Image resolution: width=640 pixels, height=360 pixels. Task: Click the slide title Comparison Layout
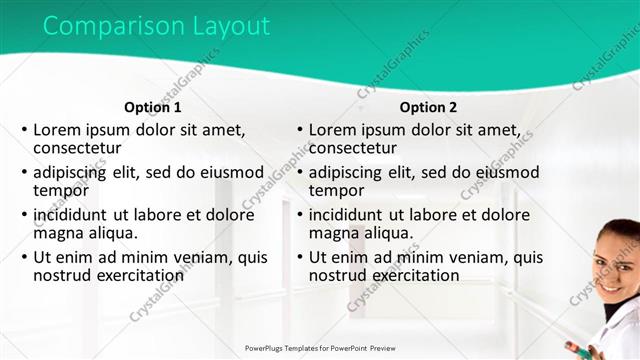tap(156, 27)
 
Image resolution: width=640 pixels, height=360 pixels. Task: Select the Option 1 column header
tap(153, 107)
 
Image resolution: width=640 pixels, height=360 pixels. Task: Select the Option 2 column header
tap(428, 107)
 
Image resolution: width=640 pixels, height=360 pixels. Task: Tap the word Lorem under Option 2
tap(333, 129)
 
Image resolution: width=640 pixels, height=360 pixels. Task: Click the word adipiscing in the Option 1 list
tap(76, 172)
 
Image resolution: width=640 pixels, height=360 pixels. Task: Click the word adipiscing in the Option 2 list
tap(351, 172)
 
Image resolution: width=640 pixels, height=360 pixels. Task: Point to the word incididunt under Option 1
tap(73, 214)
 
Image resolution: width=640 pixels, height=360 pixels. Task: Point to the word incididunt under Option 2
tap(348, 214)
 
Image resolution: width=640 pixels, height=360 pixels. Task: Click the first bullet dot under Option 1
tap(24, 130)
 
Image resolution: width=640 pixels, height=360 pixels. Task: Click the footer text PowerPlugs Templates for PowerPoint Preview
tap(319, 348)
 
